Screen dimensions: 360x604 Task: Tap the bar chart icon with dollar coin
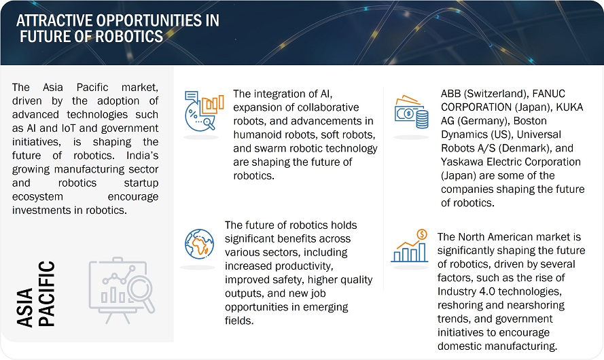tap(410, 246)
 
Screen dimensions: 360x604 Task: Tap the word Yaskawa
tap(463, 162)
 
